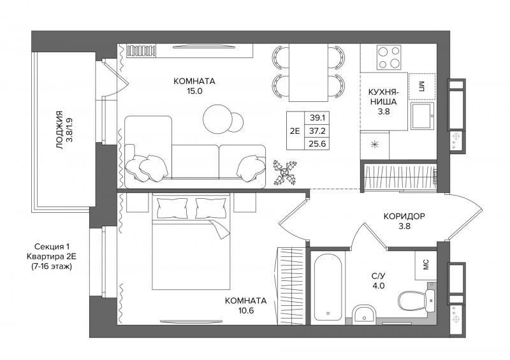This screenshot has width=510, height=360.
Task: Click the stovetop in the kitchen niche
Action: coord(389,57)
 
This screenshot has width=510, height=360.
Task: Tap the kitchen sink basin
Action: coord(422,116)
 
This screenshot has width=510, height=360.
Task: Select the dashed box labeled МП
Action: coord(422,86)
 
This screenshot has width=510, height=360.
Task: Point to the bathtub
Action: coord(328,287)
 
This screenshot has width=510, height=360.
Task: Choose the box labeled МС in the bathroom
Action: coord(425,265)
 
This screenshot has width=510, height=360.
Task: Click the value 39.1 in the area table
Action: coord(317,117)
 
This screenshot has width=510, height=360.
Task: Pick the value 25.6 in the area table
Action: coord(317,143)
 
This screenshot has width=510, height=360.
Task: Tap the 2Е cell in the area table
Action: coord(295,131)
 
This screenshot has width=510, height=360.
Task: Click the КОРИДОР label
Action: coord(404,216)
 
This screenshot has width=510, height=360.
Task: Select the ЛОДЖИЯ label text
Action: coord(59,130)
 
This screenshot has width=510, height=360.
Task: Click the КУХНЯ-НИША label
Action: coord(384,97)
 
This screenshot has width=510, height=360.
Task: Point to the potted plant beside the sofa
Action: coord(284,172)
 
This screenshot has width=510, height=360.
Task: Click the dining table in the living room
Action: coord(308,73)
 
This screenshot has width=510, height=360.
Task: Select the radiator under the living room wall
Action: coord(142,51)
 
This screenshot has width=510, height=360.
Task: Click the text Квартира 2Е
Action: coord(52,257)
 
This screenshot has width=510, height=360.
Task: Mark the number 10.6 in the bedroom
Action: coord(246,310)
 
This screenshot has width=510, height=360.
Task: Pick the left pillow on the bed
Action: coord(172,208)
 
